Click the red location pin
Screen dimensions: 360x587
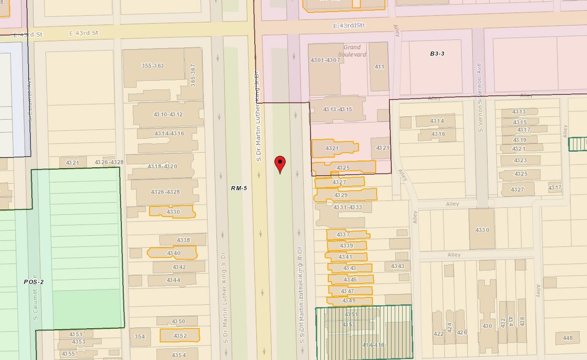(x=281, y=163)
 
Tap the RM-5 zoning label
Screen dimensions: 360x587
(x=238, y=187)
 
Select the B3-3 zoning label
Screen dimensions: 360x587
(x=436, y=54)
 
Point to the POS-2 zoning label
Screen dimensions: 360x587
(x=34, y=282)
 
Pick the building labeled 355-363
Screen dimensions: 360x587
(x=153, y=66)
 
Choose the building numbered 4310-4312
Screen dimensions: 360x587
(x=168, y=114)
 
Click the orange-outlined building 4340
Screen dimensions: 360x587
(x=173, y=253)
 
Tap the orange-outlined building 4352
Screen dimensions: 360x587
(x=180, y=336)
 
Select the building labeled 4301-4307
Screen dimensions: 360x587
(x=325, y=61)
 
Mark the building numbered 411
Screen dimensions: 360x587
(x=379, y=67)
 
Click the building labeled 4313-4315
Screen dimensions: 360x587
(x=338, y=109)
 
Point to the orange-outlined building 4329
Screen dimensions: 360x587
(x=341, y=195)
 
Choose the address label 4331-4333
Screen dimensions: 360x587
(x=348, y=208)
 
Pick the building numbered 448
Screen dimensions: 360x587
(x=567, y=338)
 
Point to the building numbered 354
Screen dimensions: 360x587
(x=140, y=337)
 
